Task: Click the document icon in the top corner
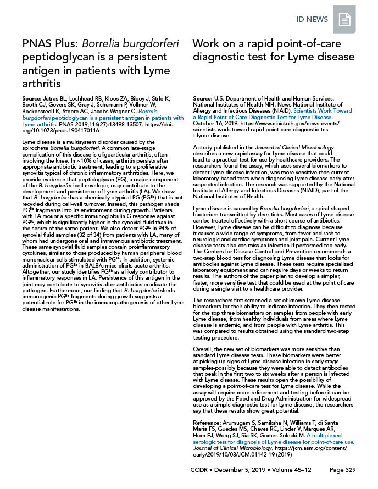[344, 20]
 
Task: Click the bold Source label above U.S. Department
[204, 98]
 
